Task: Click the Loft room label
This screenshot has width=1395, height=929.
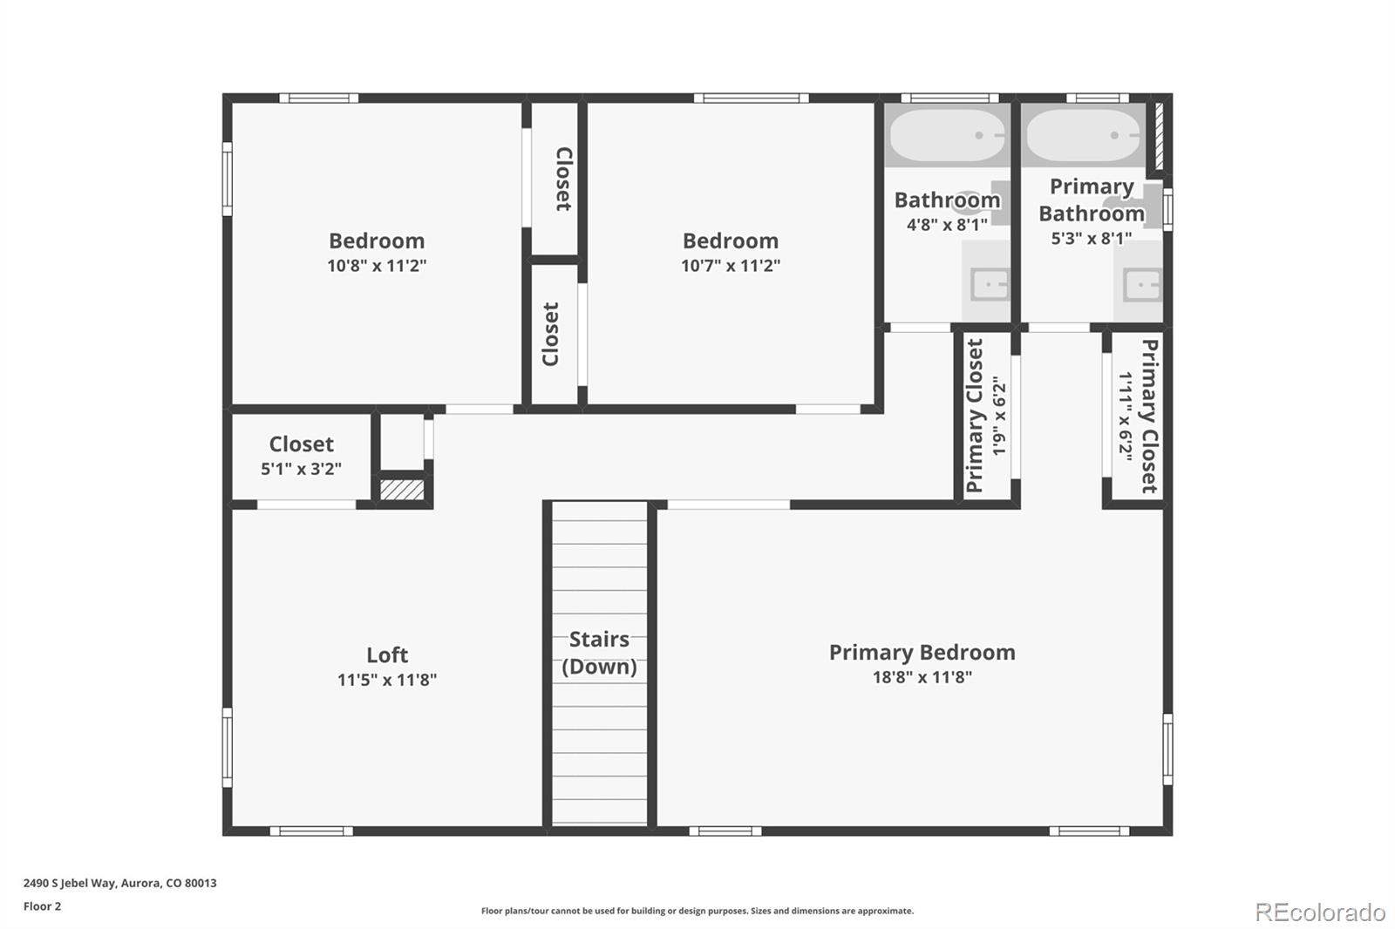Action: pyautogui.click(x=386, y=654)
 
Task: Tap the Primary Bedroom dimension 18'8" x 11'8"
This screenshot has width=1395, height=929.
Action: pyautogui.click(x=922, y=677)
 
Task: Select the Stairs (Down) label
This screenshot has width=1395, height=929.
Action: pyautogui.click(x=599, y=653)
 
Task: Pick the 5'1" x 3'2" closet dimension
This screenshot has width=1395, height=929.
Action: pyautogui.click(x=301, y=469)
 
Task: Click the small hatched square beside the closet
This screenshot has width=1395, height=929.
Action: pyautogui.click(x=402, y=490)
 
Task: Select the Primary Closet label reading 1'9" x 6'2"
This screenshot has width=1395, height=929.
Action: pyautogui.click(x=985, y=416)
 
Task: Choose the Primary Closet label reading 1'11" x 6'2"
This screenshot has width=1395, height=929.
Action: pyautogui.click(x=1138, y=416)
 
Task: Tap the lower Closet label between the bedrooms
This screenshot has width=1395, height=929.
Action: pyautogui.click(x=550, y=335)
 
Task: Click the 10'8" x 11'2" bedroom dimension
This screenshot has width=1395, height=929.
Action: pyautogui.click(x=377, y=266)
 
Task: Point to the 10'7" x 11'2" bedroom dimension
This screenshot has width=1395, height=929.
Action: pyautogui.click(x=730, y=266)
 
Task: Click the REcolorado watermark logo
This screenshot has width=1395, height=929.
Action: pyautogui.click(x=1319, y=912)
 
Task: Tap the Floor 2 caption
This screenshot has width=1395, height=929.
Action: pyautogui.click(x=42, y=906)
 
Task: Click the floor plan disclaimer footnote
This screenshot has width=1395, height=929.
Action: pyautogui.click(x=697, y=911)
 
